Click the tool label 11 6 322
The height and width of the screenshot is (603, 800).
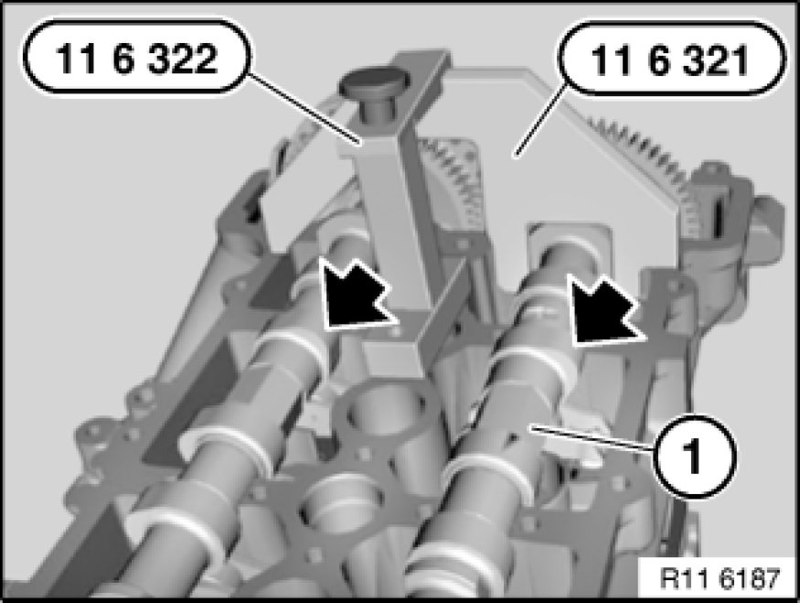pos(137,58)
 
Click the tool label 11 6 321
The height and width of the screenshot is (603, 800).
pos(669,60)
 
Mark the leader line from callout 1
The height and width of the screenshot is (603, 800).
pos(592,438)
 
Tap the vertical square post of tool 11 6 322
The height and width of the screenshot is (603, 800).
pos(393,225)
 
